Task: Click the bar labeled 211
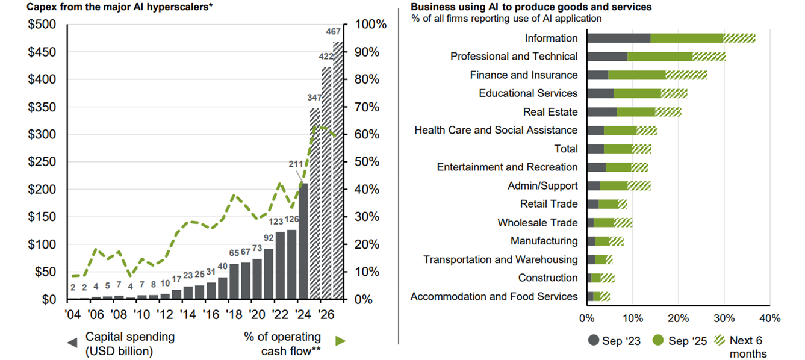(303, 241)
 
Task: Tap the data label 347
(314, 98)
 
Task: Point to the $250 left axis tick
(43, 162)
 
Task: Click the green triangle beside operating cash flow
(341, 341)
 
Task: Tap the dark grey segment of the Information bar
(618, 38)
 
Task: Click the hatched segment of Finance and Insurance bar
(686, 75)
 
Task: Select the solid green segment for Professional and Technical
(660, 57)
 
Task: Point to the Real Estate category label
(550, 112)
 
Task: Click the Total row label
(566, 149)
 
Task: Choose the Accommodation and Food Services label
(494, 296)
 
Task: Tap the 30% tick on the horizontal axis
(724, 318)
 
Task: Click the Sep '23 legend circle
(593, 341)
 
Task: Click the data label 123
(280, 221)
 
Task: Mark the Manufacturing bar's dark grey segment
(591, 241)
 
